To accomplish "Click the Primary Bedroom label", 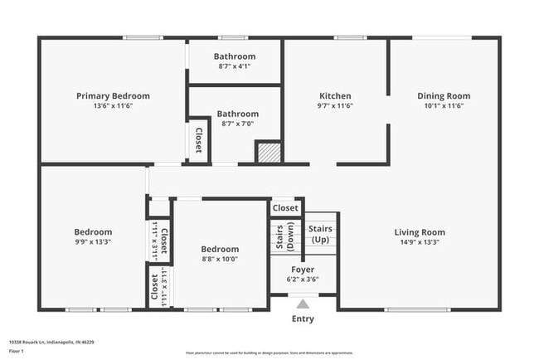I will (113, 96).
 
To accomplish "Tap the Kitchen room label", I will (335, 96).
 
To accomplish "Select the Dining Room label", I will (443, 96).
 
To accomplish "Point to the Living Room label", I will (419, 232).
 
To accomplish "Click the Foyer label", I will (302, 270).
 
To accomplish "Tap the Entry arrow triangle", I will (303, 304).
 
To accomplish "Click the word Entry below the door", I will (303, 319).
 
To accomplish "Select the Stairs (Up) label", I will (320, 233).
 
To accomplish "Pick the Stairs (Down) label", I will (284, 236).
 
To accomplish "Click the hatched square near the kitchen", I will (268, 153).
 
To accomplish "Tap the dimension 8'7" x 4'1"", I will (237, 66).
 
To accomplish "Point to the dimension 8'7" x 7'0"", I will (237, 124).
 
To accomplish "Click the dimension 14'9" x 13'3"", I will (419, 242).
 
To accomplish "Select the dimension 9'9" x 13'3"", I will (93, 242).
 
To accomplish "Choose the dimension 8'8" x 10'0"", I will (220, 259).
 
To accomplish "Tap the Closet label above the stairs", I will (285, 208).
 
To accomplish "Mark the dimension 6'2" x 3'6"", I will (302, 280).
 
